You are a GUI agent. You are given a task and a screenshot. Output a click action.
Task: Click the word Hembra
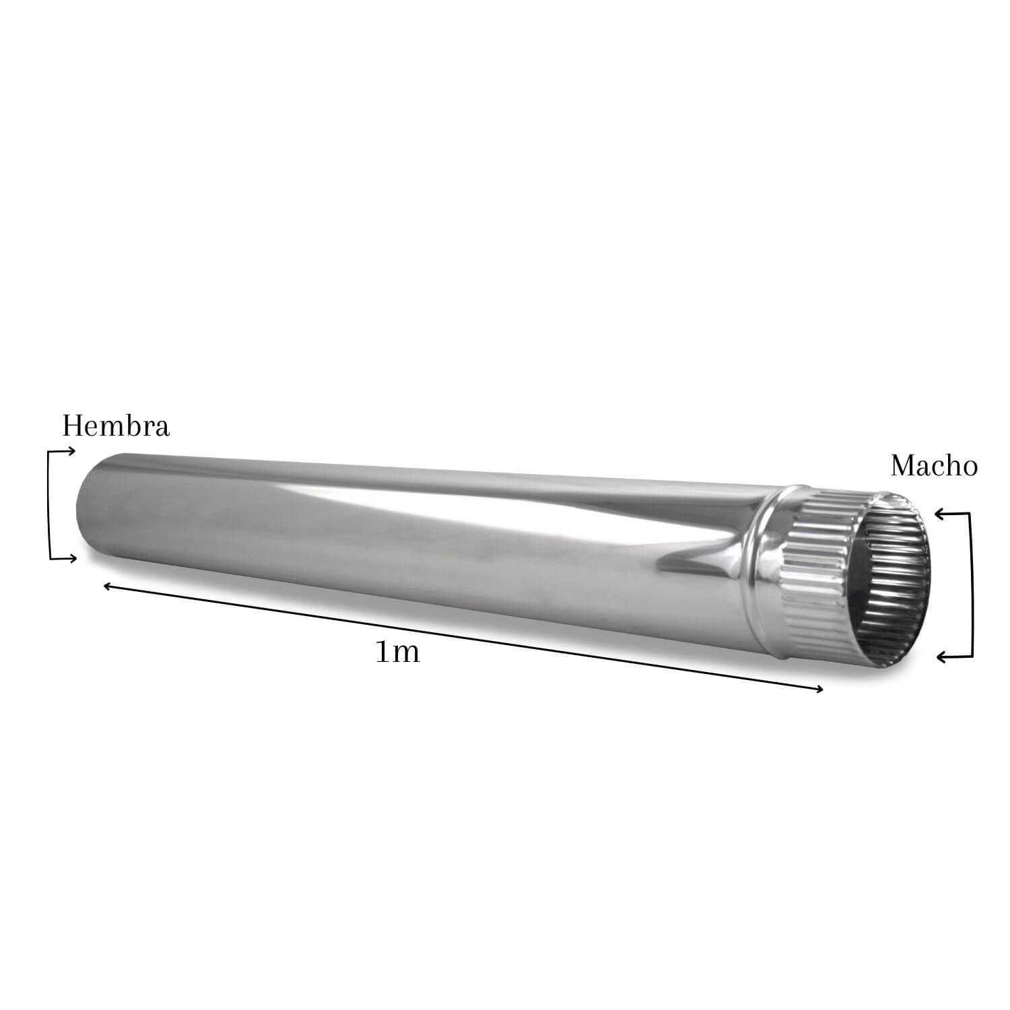point(116,426)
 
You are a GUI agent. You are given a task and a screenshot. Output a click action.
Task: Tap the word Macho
point(933,466)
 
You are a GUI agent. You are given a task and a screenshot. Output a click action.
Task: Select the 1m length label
point(397,652)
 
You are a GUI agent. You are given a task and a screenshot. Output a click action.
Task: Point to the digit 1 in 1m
point(382,652)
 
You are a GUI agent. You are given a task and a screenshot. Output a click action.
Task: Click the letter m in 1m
point(405,653)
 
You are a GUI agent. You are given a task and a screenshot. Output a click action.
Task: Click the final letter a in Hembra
point(162,429)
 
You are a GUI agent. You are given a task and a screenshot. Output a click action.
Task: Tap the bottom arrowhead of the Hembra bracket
point(71,558)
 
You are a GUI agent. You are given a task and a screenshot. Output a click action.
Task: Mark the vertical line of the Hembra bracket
point(50,505)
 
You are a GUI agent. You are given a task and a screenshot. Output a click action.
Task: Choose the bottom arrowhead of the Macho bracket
point(943,656)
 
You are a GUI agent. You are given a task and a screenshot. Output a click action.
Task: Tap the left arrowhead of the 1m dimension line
point(107,587)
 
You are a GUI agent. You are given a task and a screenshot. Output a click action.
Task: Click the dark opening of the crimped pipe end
point(889,579)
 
